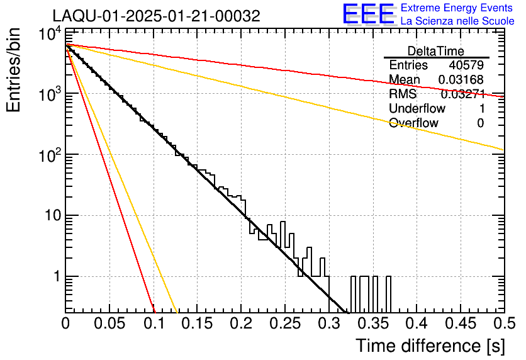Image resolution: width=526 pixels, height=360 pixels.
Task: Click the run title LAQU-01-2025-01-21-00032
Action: (x=155, y=16)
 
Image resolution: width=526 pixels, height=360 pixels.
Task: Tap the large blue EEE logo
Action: (x=368, y=15)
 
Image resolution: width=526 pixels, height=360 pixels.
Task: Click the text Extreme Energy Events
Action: (x=457, y=8)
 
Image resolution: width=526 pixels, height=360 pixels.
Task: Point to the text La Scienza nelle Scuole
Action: (x=457, y=21)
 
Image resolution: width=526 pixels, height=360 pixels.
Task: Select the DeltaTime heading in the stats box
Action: (x=435, y=51)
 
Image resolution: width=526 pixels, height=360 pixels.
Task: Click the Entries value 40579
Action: (x=466, y=65)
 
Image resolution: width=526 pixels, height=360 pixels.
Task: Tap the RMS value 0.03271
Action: (x=462, y=94)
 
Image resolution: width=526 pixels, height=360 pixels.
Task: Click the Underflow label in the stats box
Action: (x=416, y=109)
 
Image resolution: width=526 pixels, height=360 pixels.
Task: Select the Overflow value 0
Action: (x=480, y=123)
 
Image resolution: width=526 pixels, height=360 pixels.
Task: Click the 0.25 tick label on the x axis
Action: (x=285, y=323)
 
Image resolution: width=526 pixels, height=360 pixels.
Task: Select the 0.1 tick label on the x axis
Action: (x=154, y=323)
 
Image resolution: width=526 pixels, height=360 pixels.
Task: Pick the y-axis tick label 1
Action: (x=55, y=277)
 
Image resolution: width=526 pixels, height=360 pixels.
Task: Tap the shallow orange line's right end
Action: (x=501, y=149)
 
